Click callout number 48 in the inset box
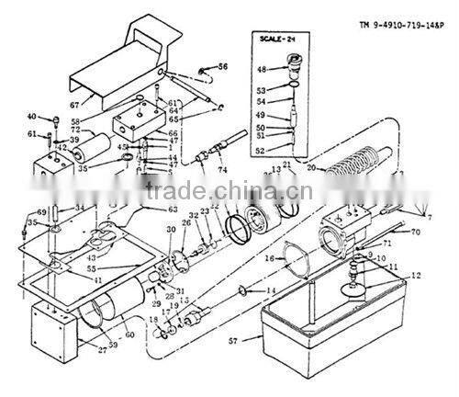tap(262, 70)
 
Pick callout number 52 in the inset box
tap(262, 151)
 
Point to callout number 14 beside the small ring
tap(269, 291)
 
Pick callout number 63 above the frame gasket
tap(171, 209)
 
